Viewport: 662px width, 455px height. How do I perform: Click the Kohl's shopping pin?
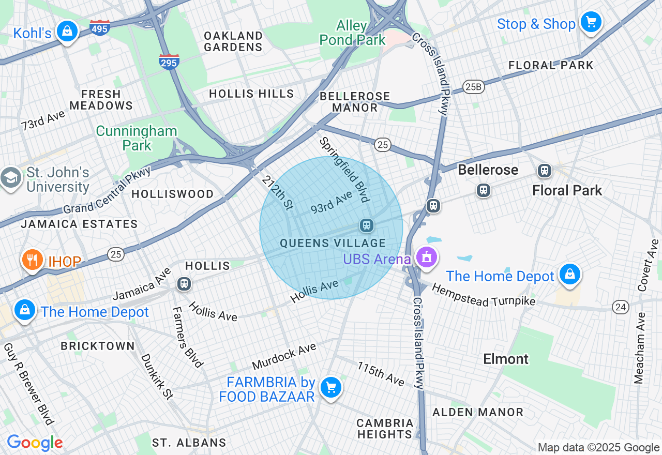tap(67, 31)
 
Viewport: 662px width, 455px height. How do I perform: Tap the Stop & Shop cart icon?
tap(591, 22)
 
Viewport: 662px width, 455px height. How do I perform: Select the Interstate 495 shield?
tap(99, 27)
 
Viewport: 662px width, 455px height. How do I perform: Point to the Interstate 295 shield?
tap(169, 62)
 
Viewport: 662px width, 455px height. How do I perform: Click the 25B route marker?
tap(474, 87)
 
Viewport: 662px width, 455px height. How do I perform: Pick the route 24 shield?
tap(621, 307)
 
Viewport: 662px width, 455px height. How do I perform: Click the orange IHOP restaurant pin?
tap(33, 260)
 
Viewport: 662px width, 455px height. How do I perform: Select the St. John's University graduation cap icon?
tap(10, 178)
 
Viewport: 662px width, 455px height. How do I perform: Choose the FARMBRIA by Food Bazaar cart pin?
tap(330, 387)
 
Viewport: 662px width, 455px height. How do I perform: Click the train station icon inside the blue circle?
tap(367, 225)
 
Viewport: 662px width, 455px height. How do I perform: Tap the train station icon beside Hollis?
tap(184, 283)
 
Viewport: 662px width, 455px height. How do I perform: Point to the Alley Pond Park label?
tap(352, 33)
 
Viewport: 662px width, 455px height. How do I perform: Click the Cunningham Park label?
tap(137, 138)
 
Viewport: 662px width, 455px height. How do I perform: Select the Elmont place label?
tap(506, 359)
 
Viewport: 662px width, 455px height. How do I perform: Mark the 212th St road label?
tap(277, 192)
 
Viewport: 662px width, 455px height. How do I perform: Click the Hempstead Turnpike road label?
tap(484, 295)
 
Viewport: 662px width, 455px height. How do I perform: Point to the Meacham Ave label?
tap(640, 348)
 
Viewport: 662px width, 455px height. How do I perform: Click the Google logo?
tap(35, 443)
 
